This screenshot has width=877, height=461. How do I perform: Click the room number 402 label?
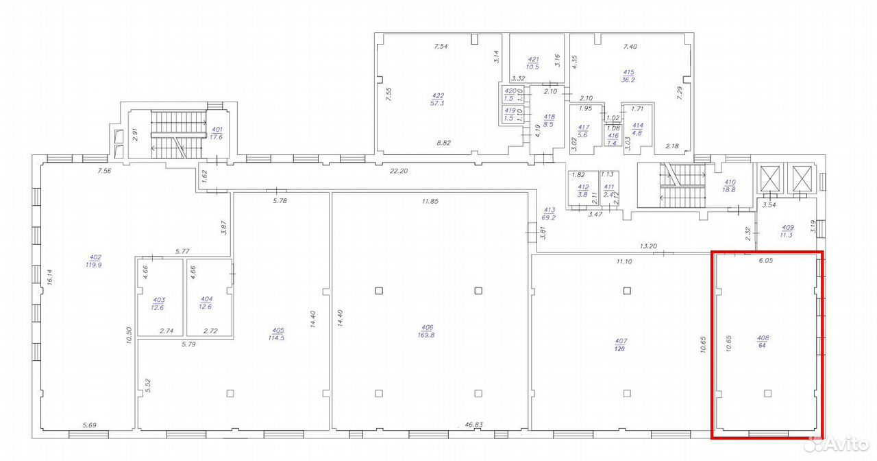[95, 257]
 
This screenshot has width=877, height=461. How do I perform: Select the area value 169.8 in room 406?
[426, 335]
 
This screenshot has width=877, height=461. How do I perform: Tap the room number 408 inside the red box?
[763, 338]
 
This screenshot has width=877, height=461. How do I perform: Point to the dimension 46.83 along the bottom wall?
[473, 425]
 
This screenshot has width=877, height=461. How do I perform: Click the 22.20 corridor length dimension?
[399, 171]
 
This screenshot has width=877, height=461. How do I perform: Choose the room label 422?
[438, 95]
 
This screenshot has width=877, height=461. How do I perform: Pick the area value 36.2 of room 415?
[628, 80]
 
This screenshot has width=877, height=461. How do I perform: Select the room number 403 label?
[159, 300]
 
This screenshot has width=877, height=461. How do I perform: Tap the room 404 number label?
[207, 299]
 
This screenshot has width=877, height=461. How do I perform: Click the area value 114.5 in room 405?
[276, 338]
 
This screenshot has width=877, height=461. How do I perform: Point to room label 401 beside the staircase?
[217, 130]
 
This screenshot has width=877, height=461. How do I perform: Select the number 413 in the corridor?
[549, 210]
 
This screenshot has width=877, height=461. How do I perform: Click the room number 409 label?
[788, 227]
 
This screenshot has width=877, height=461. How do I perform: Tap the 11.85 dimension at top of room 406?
[430, 201]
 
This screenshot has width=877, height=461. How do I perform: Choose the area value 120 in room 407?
[620, 349]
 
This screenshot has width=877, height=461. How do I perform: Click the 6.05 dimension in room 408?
[766, 260]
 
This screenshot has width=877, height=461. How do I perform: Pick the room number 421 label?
[533, 60]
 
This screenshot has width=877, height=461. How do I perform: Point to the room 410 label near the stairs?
[730, 182]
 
